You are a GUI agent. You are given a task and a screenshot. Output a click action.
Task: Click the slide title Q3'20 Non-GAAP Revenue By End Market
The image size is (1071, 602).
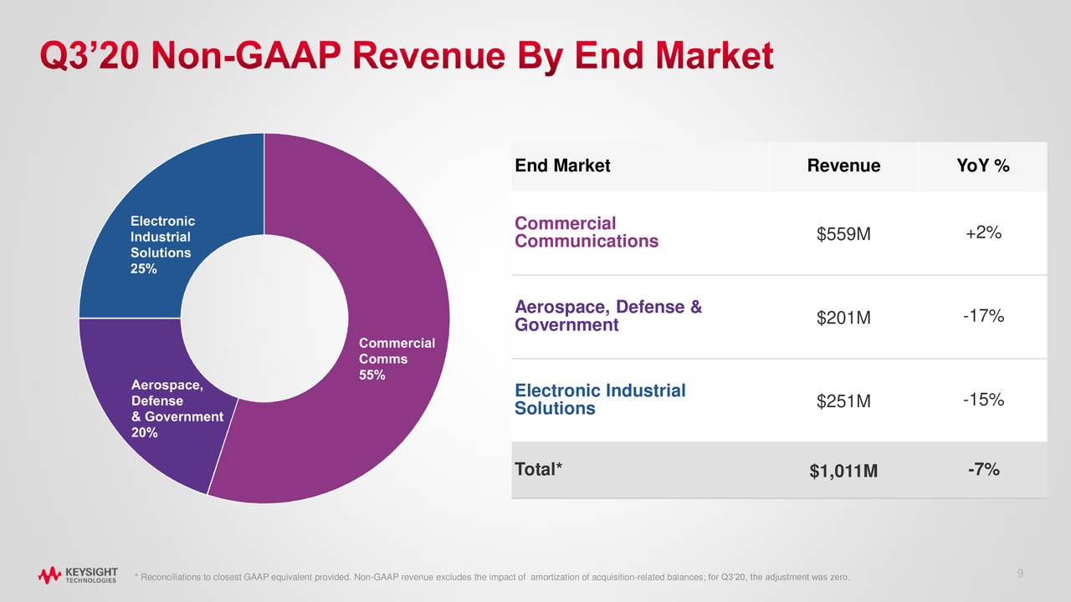(x=407, y=57)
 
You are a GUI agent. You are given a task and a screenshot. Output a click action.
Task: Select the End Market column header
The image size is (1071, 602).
(x=562, y=166)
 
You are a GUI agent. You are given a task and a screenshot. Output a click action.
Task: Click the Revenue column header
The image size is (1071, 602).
(x=843, y=166)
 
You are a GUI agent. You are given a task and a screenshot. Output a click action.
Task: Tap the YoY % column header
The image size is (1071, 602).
(x=983, y=166)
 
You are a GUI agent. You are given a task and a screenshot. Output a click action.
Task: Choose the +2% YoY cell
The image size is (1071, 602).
(x=983, y=233)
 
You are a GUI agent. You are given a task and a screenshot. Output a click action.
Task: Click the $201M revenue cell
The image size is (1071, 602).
(x=843, y=319)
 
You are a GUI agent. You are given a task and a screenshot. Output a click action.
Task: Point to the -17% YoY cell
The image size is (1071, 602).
(x=983, y=317)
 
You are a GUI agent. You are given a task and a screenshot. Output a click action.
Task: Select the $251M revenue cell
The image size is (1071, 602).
(x=843, y=402)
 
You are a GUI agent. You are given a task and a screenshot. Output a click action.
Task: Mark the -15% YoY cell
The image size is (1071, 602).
(x=983, y=400)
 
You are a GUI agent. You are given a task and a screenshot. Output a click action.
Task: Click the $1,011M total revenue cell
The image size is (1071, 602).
(x=843, y=472)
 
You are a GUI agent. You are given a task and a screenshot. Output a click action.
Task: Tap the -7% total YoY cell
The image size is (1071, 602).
(x=983, y=470)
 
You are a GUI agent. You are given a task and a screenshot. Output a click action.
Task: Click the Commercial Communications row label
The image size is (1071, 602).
(x=587, y=232)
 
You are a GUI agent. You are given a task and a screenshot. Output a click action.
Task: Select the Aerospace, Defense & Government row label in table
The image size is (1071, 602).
(x=608, y=316)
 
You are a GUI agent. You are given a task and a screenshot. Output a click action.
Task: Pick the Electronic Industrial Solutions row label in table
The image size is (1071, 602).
(x=600, y=400)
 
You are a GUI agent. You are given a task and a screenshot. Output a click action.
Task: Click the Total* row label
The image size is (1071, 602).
(x=539, y=469)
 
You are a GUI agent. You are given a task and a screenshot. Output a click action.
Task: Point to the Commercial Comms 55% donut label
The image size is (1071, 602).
(x=397, y=359)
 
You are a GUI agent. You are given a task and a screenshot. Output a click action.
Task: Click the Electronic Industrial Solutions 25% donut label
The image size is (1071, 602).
(x=162, y=245)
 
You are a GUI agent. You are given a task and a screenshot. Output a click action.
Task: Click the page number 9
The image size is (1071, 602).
(x=1021, y=573)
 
